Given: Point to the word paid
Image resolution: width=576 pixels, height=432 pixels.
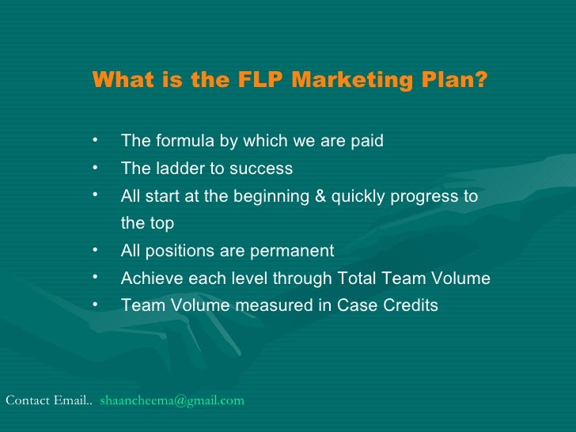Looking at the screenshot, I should click(x=367, y=142).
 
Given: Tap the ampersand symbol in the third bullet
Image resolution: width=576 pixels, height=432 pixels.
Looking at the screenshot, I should click(x=320, y=196).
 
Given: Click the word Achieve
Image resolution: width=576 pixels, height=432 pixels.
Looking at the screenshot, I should click(x=150, y=279).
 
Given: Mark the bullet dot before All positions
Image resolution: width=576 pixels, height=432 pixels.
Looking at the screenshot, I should click(x=94, y=250).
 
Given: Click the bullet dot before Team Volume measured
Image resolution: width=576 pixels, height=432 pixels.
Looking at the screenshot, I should click(x=94, y=305).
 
